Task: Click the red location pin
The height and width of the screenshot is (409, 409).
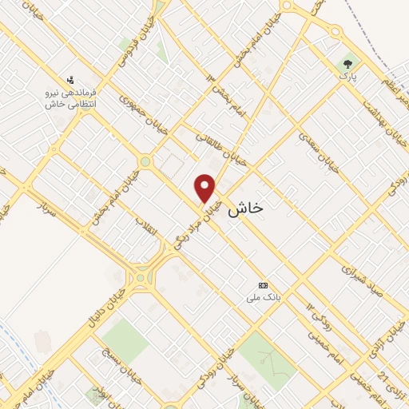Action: pyautogui.click(x=205, y=189)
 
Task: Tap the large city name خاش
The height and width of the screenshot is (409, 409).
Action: pyautogui.click(x=245, y=209)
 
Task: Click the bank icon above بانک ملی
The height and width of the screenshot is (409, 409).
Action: pyautogui.click(x=263, y=285)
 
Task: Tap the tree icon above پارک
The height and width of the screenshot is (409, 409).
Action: pyautogui.click(x=347, y=63)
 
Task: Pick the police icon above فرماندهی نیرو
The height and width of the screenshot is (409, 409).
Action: pyautogui.click(x=70, y=80)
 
